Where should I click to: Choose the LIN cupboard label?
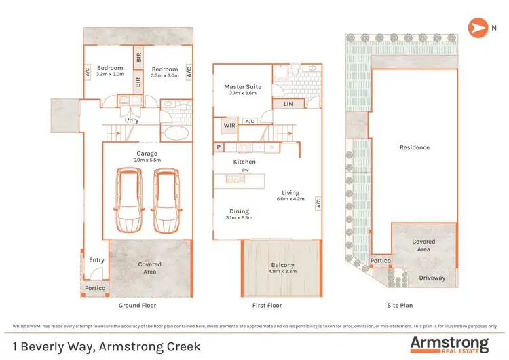288,104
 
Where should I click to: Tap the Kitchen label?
244,162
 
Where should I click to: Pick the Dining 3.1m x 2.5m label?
239,215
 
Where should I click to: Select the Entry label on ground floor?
96,260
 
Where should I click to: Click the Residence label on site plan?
414,147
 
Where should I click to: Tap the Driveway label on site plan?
432,278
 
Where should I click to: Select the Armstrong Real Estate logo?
449,344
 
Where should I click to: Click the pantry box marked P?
219,147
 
